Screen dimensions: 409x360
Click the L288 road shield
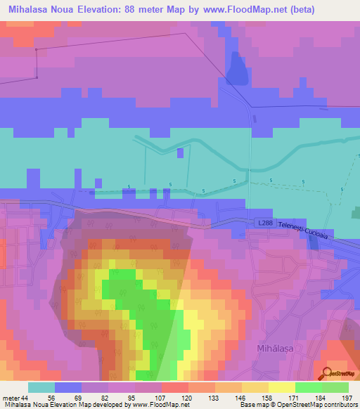click(264, 223)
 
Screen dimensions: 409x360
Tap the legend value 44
click(26, 398)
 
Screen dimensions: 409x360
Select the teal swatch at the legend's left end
click(41, 387)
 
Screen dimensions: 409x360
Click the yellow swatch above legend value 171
click(282, 387)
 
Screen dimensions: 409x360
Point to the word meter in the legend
click(11, 398)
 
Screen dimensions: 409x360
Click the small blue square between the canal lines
click(181, 152)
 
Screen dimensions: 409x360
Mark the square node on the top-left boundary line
click(36, 49)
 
